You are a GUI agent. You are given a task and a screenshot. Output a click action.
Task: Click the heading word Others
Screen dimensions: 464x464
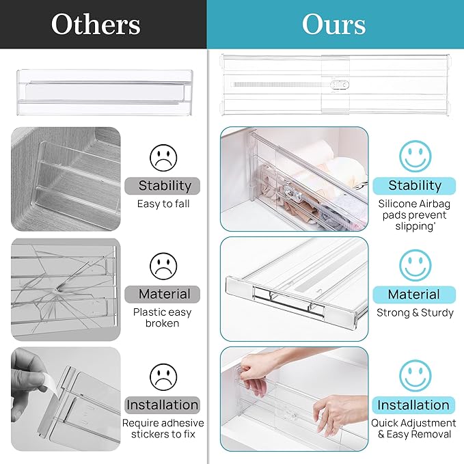point(96,25)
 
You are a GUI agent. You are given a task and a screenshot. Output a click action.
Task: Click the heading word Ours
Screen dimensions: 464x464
point(334,25)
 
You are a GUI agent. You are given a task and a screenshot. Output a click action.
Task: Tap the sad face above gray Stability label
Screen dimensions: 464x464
point(163,157)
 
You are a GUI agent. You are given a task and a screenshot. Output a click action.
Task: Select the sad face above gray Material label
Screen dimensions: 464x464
point(163,265)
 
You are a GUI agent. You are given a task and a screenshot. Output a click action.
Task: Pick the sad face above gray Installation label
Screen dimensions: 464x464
point(163,375)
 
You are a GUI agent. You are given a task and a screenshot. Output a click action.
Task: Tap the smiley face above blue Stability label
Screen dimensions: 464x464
point(415,155)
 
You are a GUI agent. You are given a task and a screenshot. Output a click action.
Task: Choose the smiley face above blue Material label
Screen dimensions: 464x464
point(415,264)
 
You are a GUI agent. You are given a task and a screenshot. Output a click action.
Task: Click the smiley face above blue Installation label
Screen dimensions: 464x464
point(415,375)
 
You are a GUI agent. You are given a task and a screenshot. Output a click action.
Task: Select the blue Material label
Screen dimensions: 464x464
point(413,295)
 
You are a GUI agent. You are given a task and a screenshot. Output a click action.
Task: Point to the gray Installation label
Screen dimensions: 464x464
point(163,405)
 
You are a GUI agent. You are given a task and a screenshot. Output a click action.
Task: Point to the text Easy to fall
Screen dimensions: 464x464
point(163,204)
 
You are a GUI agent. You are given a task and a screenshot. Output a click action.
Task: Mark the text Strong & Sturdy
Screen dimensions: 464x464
point(415,313)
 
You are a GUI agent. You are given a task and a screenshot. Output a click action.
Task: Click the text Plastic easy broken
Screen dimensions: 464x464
point(163,318)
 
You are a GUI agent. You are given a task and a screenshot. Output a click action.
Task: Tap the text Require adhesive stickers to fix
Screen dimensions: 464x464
point(163,428)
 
